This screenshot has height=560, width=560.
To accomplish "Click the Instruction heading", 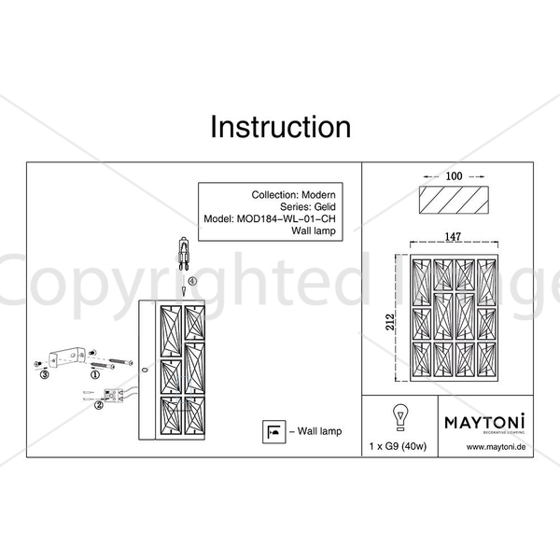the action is (281, 127).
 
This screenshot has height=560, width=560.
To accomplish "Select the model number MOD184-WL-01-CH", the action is (287, 219).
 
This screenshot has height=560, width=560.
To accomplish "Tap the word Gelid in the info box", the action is (325, 207).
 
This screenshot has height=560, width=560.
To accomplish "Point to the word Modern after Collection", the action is (318, 195).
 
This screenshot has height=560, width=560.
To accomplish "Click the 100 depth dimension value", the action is (454, 176).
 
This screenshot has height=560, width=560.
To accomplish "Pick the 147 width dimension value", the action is (453, 236).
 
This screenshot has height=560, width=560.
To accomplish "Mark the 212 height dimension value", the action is (390, 322).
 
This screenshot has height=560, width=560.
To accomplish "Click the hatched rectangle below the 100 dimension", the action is (454, 200).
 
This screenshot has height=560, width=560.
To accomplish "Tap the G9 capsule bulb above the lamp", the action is (184, 254).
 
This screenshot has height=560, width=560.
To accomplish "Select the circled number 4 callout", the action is (192, 281).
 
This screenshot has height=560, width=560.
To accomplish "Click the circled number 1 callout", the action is (95, 375).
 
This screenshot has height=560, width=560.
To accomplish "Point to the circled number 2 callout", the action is (99, 405).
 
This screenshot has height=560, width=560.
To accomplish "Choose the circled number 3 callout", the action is (44, 375).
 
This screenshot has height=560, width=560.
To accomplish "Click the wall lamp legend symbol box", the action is (273, 432).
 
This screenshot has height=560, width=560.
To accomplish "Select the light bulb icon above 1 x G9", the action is (400, 417).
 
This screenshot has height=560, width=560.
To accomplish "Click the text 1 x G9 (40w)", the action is (398, 446).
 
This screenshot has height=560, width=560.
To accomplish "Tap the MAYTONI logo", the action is (485, 422).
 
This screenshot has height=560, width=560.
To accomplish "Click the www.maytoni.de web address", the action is (497, 447).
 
